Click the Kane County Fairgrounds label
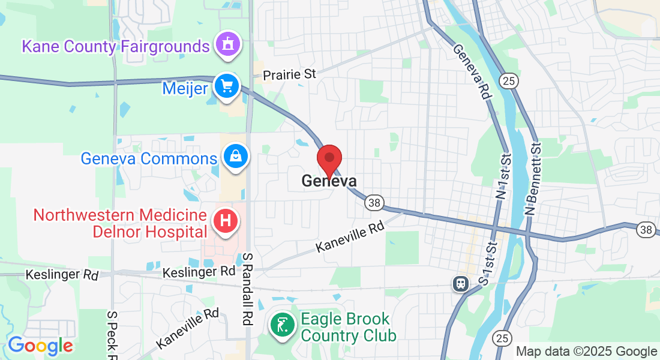coord(116,46)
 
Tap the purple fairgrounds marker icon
coord(227,44)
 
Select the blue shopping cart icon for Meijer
coord(227,87)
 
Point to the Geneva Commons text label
coord(149,159)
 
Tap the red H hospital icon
coord(226,220)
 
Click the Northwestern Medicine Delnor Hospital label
coord(120,223)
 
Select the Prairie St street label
coord(290,75)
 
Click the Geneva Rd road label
coord(472,71)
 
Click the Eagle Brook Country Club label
coord(348,327)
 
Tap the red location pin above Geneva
coord(329,159)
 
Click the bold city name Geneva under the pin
coord(329,181)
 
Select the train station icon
coord(460,283)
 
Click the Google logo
coord(40,346)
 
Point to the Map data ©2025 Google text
coord(587,352)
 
